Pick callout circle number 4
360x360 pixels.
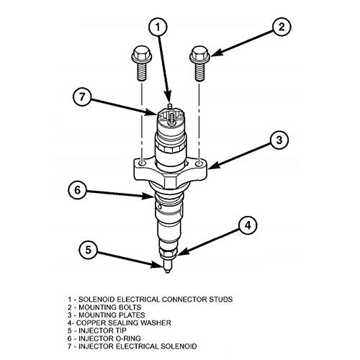click(x=246, y=225)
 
